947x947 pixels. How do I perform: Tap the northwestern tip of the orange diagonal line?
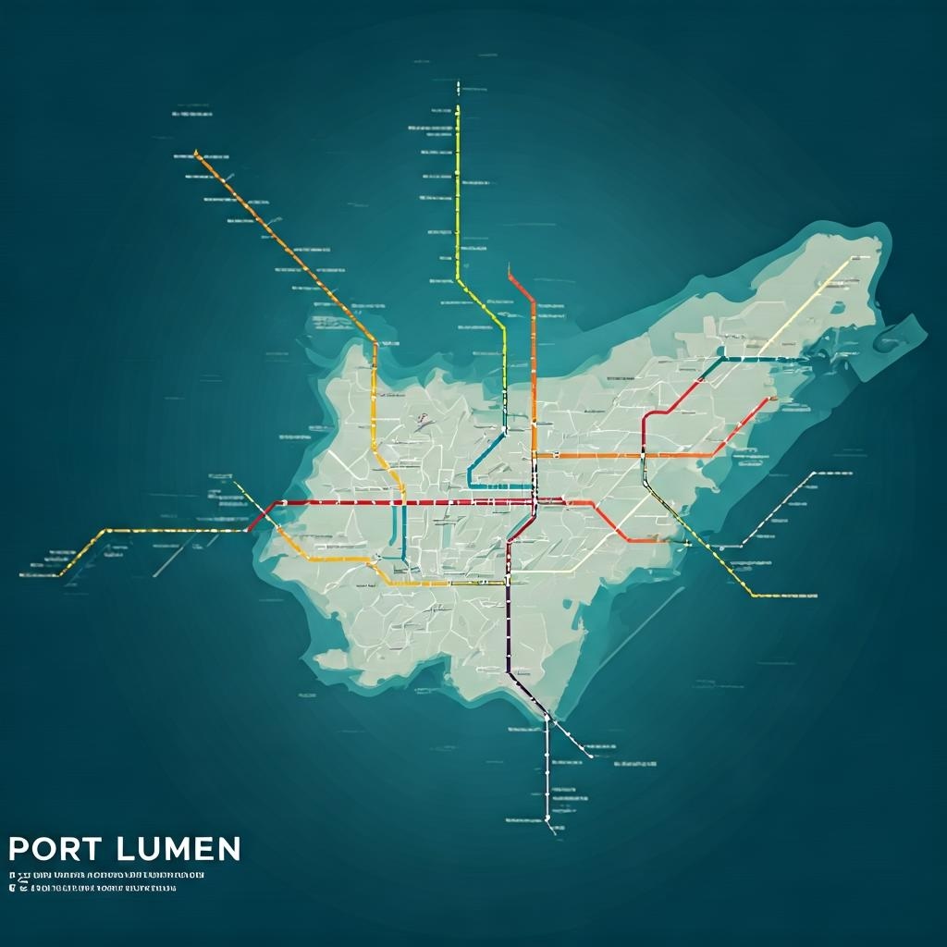pos(196,154)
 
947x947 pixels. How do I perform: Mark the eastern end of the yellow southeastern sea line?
pos(816,596)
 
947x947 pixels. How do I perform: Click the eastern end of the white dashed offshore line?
pos(814,473)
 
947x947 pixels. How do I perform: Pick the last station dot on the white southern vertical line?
pos(547,818)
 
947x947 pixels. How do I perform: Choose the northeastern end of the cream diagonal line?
pos(851,259)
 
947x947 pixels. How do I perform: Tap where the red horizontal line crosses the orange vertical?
pos(534,502)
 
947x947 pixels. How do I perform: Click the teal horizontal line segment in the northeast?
pos(758,359)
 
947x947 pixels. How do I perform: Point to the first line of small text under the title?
pos(106,875)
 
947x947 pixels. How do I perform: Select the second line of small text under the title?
pos(92,889)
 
